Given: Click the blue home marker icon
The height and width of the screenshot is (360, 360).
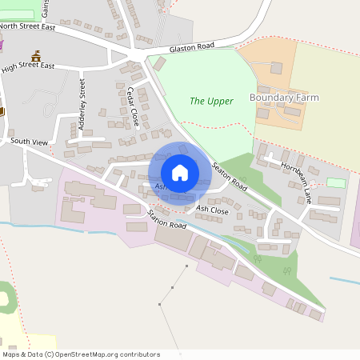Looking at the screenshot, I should coord(180,173).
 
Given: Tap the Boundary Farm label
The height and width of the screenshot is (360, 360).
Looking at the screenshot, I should coord(284,98).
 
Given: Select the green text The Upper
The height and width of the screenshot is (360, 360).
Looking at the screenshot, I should coord(211,101).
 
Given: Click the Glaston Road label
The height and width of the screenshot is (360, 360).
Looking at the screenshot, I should coord(192,49).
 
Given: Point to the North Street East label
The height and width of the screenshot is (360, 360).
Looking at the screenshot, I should coord(29,26).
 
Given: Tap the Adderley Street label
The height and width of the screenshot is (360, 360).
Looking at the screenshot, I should coord(82,98).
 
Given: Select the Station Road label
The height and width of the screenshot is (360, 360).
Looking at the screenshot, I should coord(166,220).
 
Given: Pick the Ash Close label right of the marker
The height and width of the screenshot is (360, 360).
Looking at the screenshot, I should coord(212,210).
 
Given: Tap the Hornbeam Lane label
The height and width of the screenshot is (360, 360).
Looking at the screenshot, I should coord(296,182).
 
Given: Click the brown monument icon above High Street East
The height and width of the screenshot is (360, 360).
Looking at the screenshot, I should coord(35,56).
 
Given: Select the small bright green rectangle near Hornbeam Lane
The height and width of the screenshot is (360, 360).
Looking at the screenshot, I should coord(336,183).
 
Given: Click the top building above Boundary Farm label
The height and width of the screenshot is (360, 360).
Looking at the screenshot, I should coord(276,68).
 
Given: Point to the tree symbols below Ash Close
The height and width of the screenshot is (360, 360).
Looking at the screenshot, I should coord(258,259).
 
